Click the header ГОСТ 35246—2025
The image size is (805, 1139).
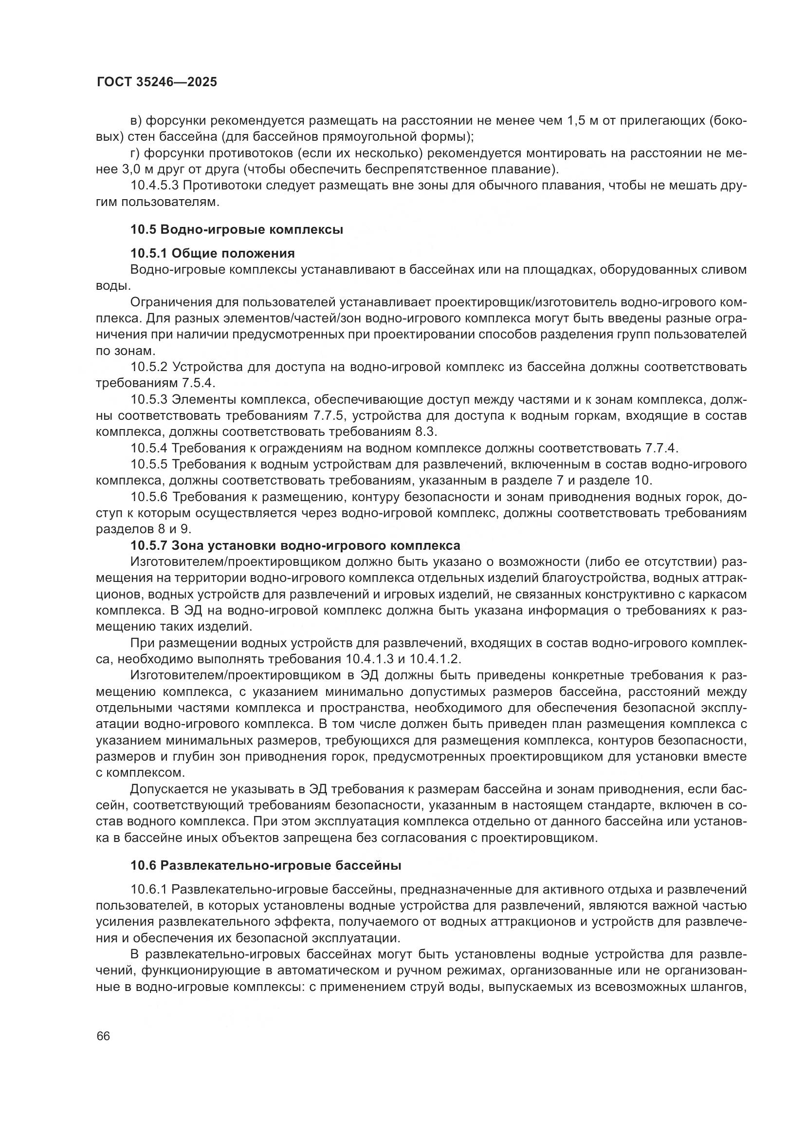pos(157,82)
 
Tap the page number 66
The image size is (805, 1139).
pos(103,1036)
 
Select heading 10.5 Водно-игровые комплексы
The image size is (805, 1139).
pos(237,230)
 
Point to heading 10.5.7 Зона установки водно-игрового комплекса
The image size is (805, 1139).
pos(295,546)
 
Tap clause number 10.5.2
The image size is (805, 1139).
pos(150,367)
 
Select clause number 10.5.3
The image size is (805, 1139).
pos(150,399)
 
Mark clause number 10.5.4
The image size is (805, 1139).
pos(150,448)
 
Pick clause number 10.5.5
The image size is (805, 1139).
pos(150,465)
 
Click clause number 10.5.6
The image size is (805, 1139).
pos(150,497)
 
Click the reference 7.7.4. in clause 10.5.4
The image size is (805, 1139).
pos(661,448)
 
